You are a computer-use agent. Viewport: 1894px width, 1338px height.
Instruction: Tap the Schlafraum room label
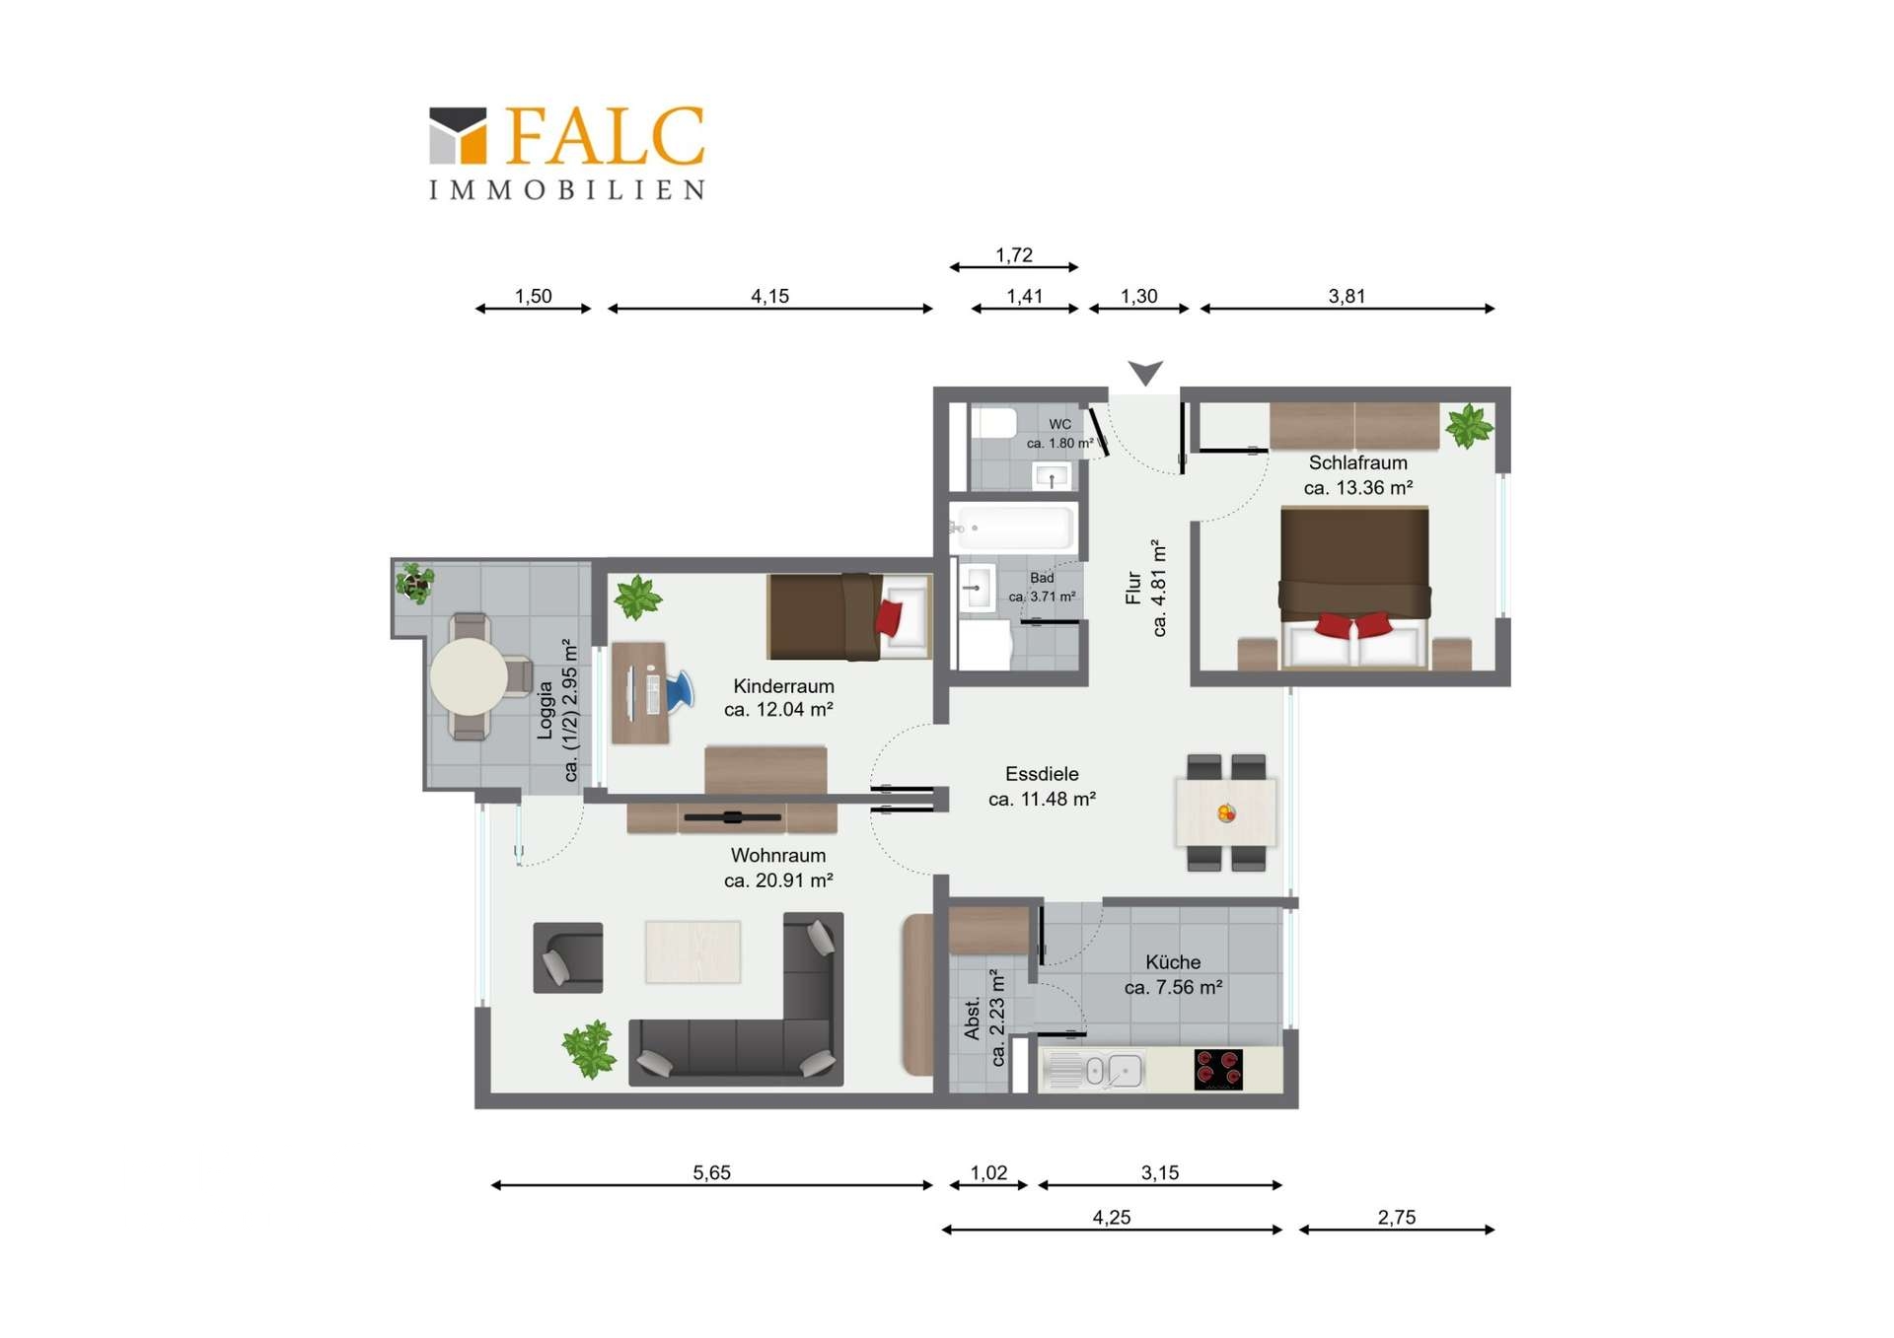(x=1357, y=462)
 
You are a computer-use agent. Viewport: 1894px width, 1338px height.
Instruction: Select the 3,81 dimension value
(x=1347, y=296)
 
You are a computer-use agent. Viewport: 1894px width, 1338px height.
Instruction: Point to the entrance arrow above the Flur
(x=1145, y=373)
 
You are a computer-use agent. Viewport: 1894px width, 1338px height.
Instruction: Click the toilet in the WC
(x=993, y=423)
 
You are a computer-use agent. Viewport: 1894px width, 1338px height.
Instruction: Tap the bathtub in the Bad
(x=1013, y=528)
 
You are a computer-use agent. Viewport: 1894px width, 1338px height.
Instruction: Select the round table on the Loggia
(x=469, y=676)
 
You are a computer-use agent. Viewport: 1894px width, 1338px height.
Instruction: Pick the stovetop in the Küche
(x=1218, y=1070)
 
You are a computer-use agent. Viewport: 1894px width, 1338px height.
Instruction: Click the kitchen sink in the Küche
(x=1093, y=1071)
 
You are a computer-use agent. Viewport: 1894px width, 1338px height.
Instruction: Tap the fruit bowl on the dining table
(x=1226, y=813)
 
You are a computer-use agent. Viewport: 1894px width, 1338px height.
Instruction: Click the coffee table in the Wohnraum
(x=692, y=951)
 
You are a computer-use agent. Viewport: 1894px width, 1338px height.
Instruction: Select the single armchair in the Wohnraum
(x=568, y=957)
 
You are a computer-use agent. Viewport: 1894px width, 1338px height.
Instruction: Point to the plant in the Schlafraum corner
(x=1469, y=427)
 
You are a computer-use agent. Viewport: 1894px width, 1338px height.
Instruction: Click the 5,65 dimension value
(x=711, y=1172)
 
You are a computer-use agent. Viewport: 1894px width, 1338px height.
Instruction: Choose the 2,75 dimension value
(x=1397, y=1217)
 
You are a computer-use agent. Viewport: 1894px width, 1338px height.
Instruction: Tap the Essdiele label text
(x=1042, y=774)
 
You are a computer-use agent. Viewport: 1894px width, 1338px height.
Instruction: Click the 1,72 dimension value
(x=1014, y=255)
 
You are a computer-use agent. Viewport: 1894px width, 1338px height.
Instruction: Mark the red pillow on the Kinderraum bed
(x=889, y=617)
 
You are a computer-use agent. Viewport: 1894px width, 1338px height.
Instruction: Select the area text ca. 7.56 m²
(x=1174, y=987)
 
